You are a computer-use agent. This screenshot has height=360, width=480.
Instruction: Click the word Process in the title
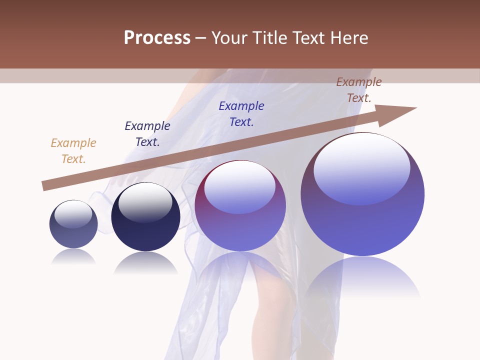pyautogui.click(x=157, y=38)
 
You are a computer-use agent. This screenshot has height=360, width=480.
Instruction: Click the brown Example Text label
pyautogui.click(x=358, y=90)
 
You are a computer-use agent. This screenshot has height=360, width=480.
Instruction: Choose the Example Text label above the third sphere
pyautogui.click(x=241, y=113)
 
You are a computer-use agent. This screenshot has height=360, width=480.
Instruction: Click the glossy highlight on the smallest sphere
pyautogui.click(x=73, y=213)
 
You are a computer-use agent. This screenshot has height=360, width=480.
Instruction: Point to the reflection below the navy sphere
pyautogui.click(x=145, y=262)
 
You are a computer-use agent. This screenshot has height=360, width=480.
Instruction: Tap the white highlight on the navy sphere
pyautogui.click(x=145, y=201)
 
